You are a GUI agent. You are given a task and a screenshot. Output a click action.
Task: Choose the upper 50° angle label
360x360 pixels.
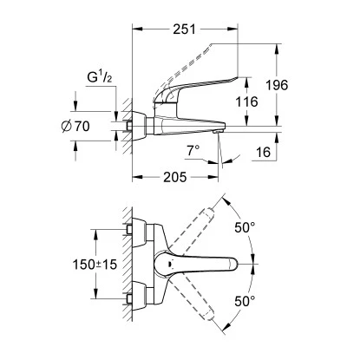245,229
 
